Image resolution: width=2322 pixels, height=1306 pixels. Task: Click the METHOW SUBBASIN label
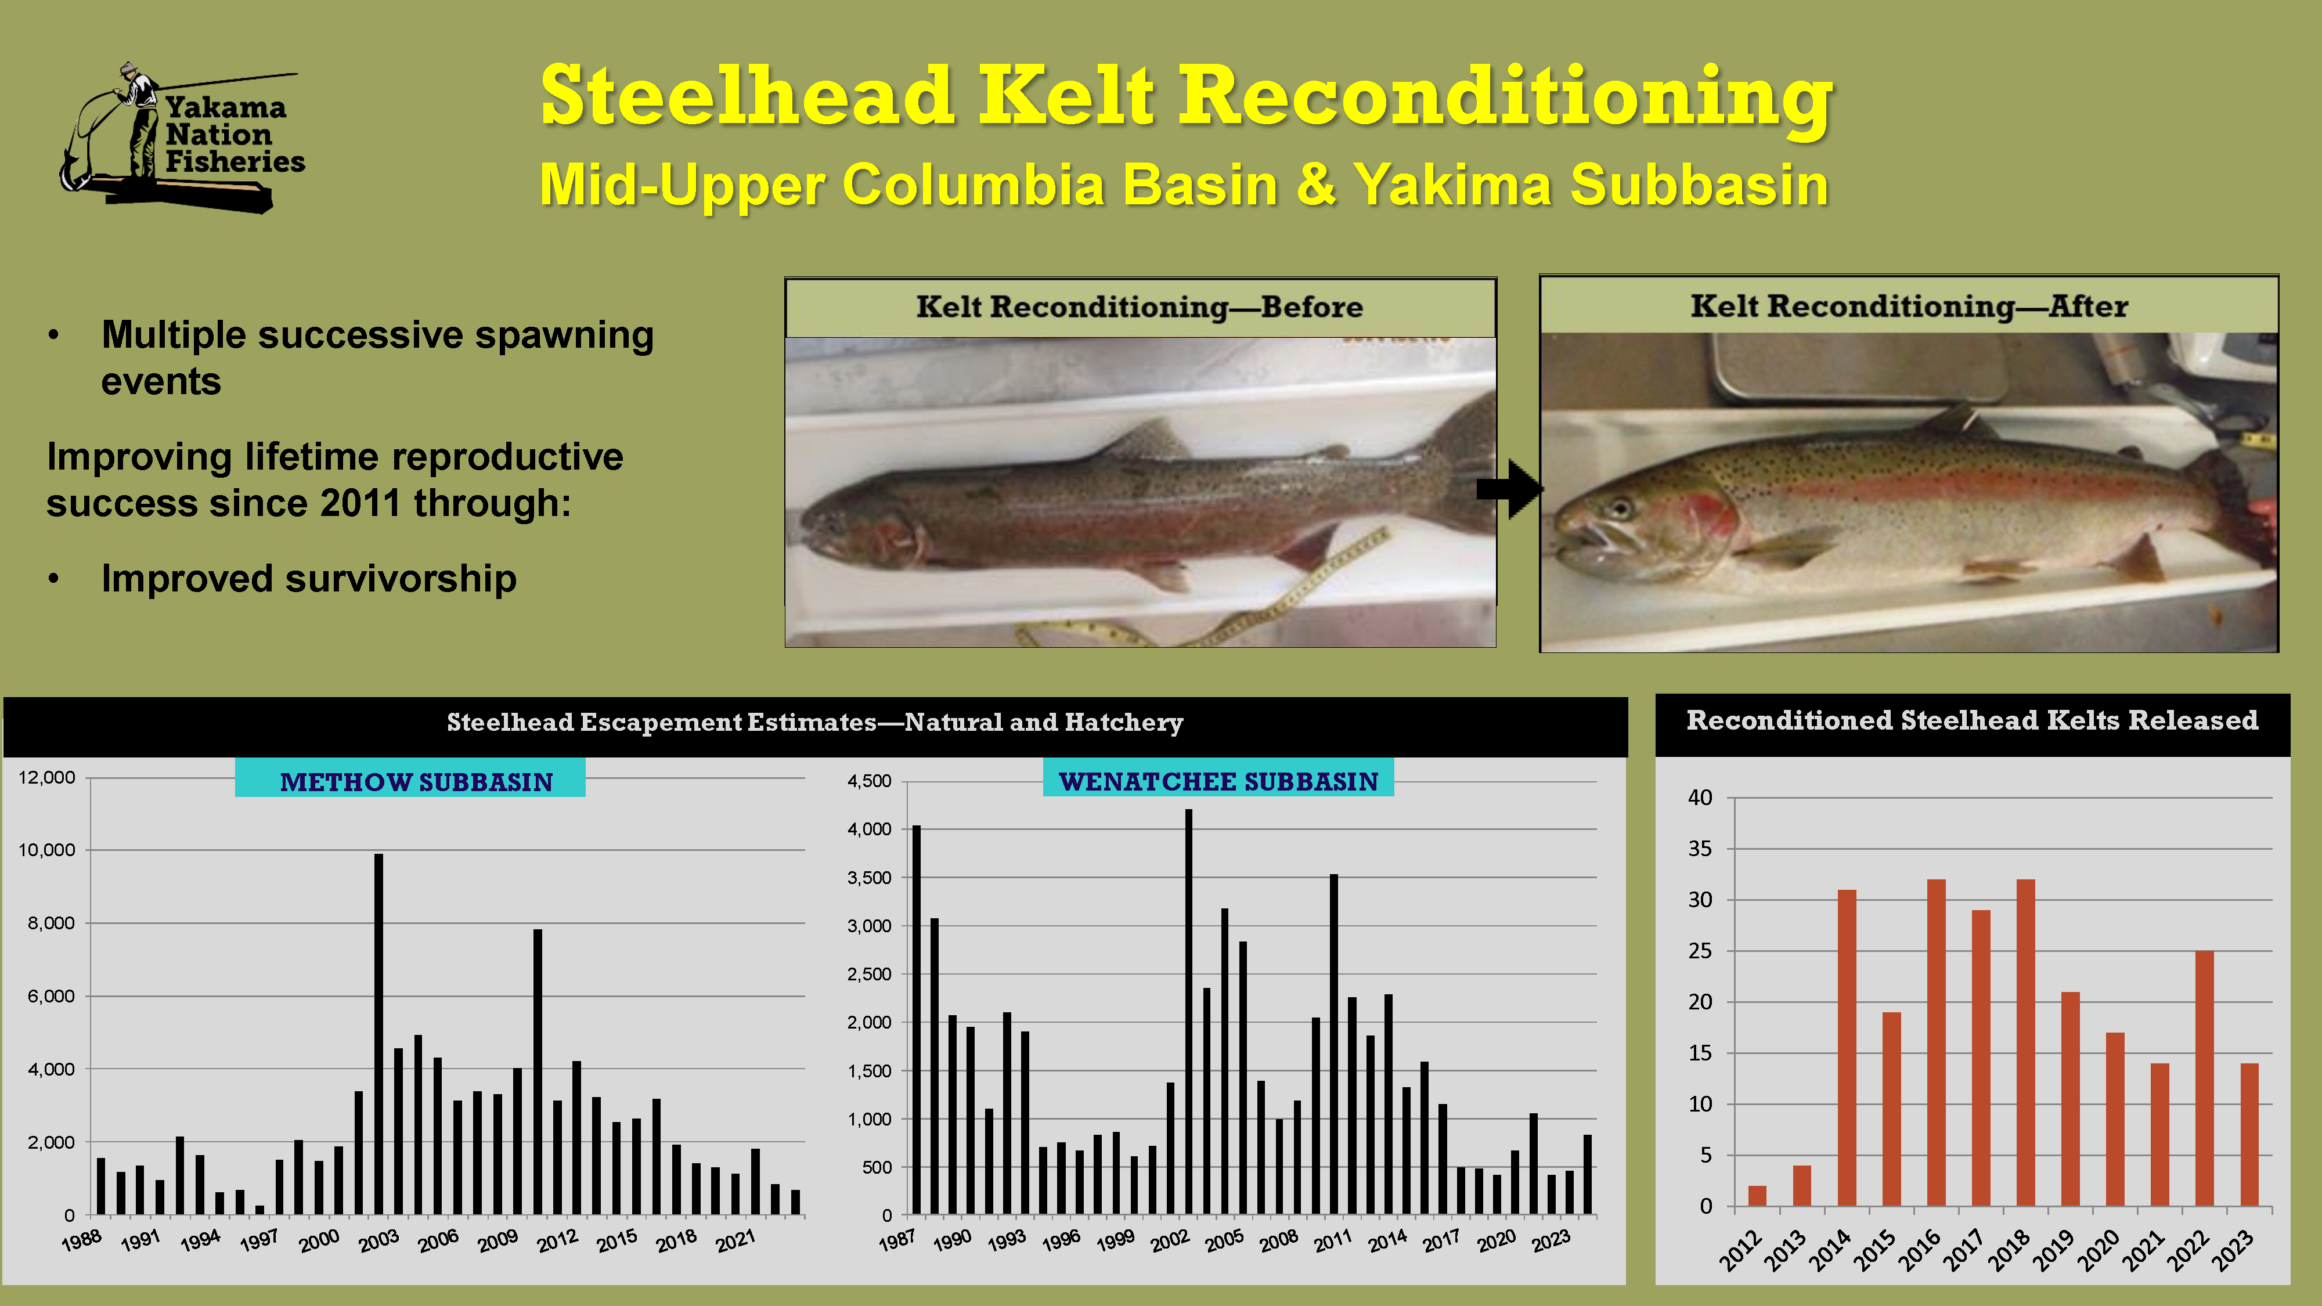coord(416,781)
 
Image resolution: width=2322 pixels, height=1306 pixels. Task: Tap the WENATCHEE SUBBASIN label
coord(1218,781)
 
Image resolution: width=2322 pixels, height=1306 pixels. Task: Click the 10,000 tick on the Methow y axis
coord(47,850)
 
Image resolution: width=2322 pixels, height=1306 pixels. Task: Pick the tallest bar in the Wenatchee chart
coord(1188,1011)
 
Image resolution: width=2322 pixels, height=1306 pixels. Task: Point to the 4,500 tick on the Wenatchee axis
coord(869,781)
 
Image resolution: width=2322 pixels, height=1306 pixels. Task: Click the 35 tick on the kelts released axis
coord(1700,849)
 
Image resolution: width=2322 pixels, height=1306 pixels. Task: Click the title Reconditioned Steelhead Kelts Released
coord(1973,721)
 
